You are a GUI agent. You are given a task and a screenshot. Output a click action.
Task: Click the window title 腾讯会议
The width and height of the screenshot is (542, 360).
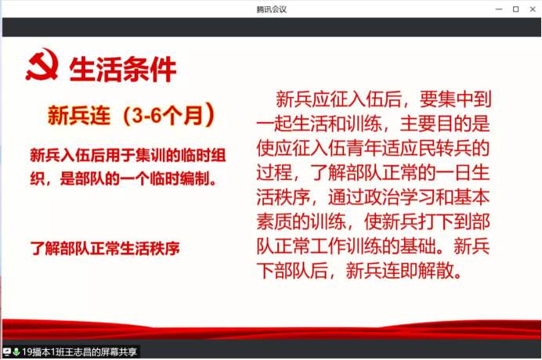tap(271, 9)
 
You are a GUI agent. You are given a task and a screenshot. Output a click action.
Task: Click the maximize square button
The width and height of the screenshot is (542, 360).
tap(515, 9)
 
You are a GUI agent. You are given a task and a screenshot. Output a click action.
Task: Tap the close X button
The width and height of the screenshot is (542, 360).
tap(533, 9)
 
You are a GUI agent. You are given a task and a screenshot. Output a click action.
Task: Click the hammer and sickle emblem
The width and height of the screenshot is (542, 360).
tap(42, 65)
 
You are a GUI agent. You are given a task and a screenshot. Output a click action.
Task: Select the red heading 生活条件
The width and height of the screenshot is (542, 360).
tap(123, 70)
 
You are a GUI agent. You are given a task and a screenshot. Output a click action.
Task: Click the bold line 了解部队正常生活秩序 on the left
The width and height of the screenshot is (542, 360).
tap(105, 248)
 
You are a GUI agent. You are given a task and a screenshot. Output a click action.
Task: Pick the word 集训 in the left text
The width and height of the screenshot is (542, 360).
tap(150, 155)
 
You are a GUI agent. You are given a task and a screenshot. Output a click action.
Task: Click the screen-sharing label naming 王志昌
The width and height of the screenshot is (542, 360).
tap(79, 352)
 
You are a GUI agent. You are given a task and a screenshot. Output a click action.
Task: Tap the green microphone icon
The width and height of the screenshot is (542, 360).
tap(16, 352)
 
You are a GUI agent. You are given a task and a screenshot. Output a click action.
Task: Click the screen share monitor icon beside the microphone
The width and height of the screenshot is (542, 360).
tap(7, 352)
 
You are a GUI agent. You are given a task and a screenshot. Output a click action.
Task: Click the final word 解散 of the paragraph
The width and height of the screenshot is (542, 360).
tap(435, 271)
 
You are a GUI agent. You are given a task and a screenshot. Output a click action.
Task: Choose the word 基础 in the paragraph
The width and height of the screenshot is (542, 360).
tap(418, 247)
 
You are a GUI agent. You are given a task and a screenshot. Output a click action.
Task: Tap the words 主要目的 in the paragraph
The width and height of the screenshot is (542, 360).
tap(436, 124)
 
